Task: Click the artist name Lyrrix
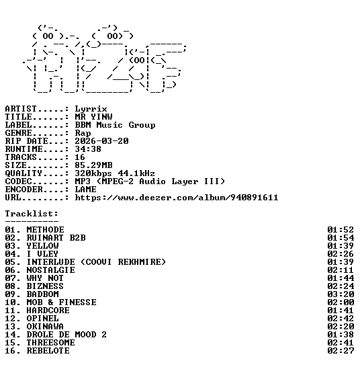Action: coord(91,109)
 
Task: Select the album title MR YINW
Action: coord(93,117)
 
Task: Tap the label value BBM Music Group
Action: coord(115,125)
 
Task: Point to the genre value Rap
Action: coord(83,133)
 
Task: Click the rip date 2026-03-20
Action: coord(101,141)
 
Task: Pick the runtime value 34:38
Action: coord(88,149)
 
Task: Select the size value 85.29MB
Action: coord(93,165)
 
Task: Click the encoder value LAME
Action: coord(85,190)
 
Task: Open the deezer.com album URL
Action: coord(177,198)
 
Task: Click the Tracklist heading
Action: coord(32,214)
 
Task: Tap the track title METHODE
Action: coord(45,230)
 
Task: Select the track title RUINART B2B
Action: coord(56,238)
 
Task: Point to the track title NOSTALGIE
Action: coord(50,270)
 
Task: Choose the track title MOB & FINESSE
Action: coord(62,302)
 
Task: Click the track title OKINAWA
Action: coord(45,327)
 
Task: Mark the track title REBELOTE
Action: coord(48,351)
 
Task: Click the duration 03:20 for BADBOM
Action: coord(341,294)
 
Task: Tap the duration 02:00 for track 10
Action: coord(341,302)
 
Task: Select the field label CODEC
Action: coord(18,181)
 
